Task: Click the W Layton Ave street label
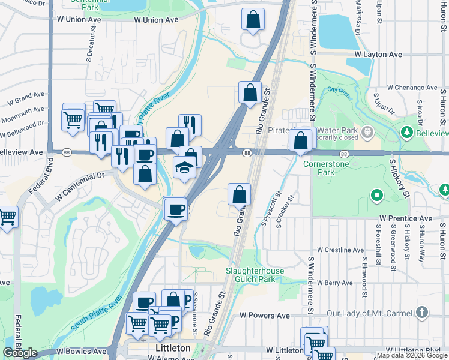378,55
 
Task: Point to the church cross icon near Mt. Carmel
422,312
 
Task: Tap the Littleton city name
172,348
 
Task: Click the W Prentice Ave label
406,218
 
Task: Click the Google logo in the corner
20,353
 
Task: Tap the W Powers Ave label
265,315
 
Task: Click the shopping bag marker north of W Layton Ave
253,20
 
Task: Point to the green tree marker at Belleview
406,131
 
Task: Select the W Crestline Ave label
340,250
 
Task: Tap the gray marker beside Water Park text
366,131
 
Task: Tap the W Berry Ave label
335,282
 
